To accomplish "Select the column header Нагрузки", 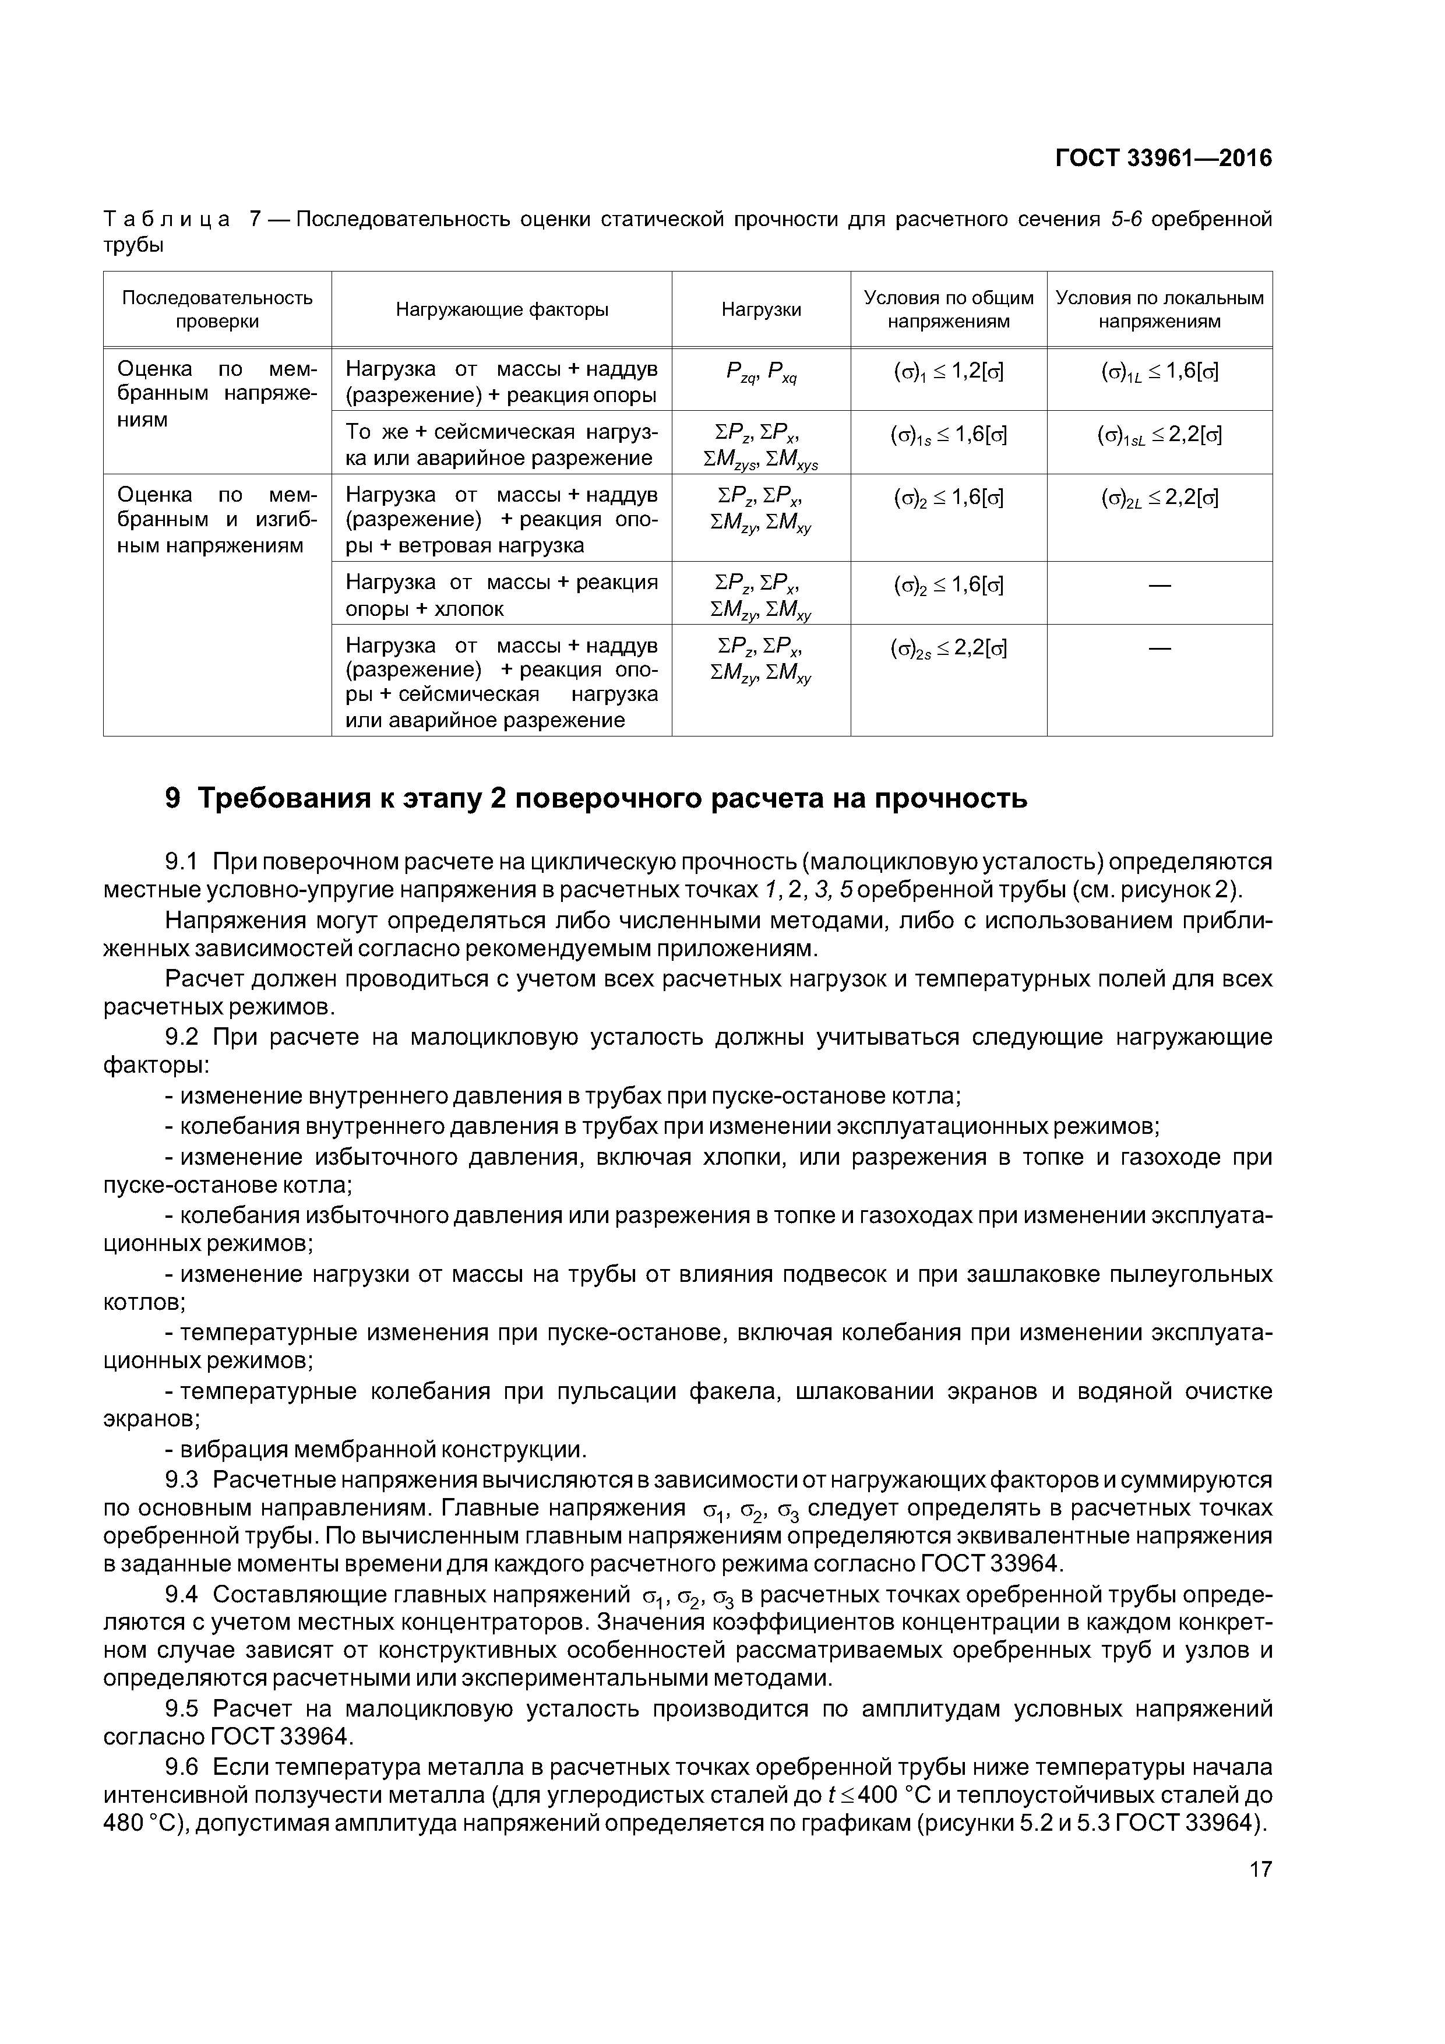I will click(x=760, y=310).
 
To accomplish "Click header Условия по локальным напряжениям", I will click(x=1159, y=310).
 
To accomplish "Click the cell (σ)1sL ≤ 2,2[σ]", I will click(x=1159, y=435).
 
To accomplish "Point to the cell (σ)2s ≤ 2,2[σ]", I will click(x=948, y=648).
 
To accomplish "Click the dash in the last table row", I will click(x=1159, y=648).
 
